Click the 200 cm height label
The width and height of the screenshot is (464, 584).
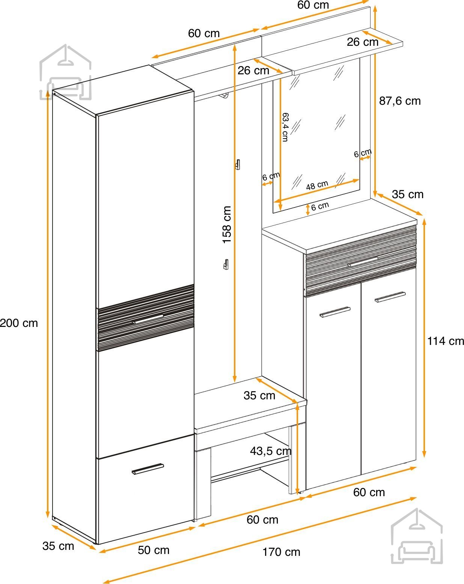tap(19, 323)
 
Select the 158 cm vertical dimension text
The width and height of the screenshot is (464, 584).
tap(227, 225)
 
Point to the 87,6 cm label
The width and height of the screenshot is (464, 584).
tap(400, 101)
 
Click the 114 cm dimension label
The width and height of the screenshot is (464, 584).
tap(446, 341)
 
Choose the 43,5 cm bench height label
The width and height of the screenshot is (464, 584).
tap(271, 451)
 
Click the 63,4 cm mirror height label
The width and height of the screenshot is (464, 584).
tap(285, 127)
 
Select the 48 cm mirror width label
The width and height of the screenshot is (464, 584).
tap(317, 185)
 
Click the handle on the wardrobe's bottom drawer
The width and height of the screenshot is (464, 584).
tap(148, 469)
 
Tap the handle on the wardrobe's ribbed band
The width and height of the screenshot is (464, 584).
tap(148, 319)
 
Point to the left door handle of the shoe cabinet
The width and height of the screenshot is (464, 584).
tap(335, 312)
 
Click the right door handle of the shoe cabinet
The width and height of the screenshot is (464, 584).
tap(390, 297)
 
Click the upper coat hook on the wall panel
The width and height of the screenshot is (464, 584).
tap(238, 164)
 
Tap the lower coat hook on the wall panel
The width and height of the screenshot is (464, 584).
tap(226, 264)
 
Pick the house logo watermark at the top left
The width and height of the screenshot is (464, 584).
tap(65, 72)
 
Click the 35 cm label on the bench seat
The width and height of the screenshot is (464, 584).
tap(259, 395)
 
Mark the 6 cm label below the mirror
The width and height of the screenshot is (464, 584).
tap(320, 206)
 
